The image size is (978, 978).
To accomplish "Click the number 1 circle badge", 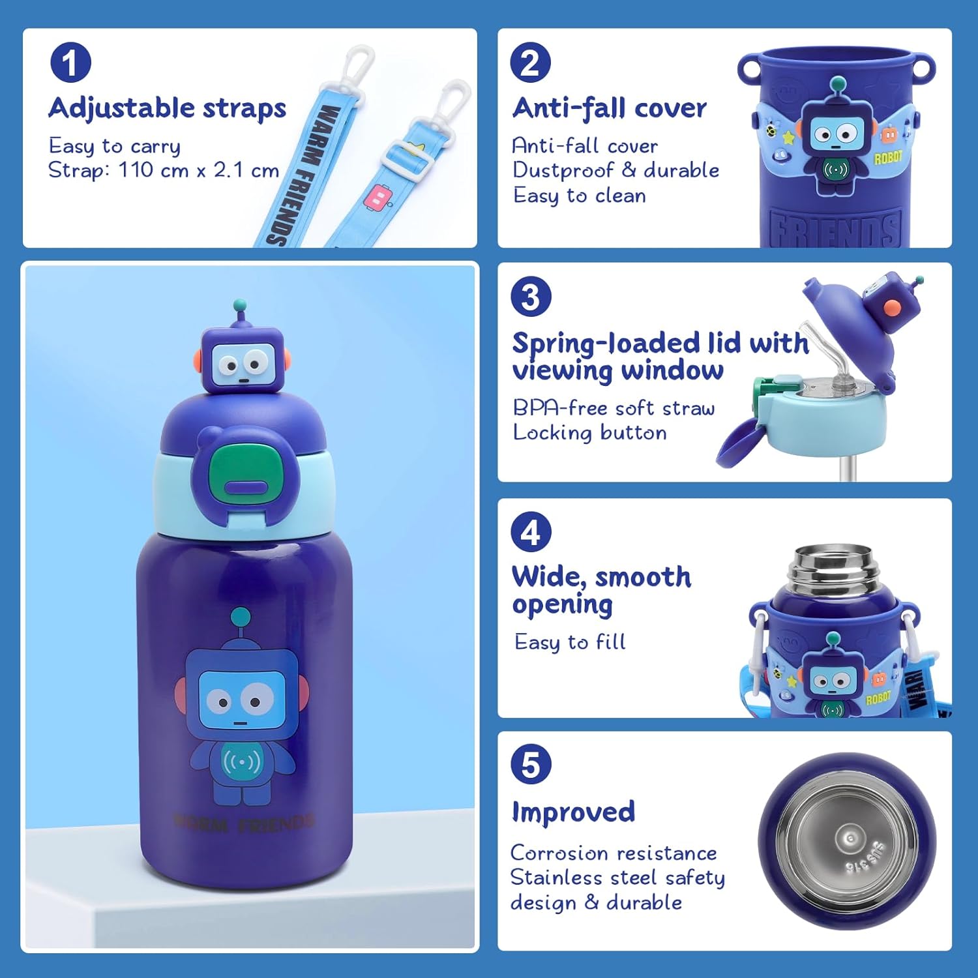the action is point(70,63).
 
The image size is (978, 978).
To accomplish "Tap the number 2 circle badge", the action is point(531,63).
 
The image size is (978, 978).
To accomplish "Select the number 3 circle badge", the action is point(531,297).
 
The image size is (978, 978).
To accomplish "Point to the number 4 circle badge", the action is point(531,531).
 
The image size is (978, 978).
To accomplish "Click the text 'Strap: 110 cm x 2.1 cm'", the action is point(164,170).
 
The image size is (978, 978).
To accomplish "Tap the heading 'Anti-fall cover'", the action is point(610,108).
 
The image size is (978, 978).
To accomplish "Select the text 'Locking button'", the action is point(589,432).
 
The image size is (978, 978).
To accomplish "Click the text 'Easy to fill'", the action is point(570,642).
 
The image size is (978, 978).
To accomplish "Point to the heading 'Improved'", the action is point(573,812).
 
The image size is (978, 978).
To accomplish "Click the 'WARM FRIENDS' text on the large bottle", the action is point(244,823).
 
